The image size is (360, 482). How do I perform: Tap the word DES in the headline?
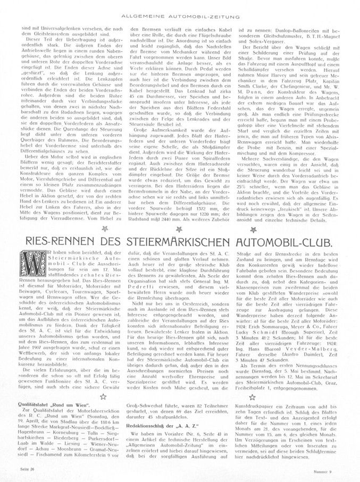[x=120, y=243]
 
